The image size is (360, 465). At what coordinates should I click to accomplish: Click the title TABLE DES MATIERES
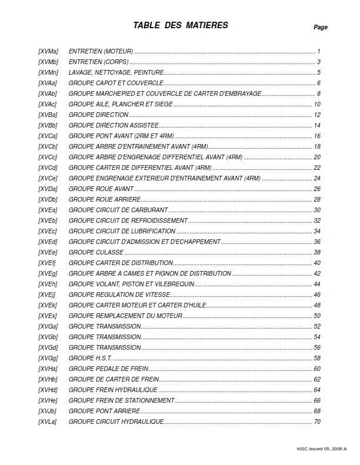point(180,25)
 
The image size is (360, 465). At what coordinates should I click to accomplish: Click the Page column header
point(321,27)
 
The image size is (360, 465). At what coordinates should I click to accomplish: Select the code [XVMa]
point(48,52)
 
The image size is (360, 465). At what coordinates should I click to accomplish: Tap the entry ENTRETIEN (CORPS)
point(99,62)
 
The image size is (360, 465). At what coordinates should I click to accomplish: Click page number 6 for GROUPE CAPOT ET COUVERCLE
point(318,83)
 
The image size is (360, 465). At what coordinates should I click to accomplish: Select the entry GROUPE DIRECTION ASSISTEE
point(114,126)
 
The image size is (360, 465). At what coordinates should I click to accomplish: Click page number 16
point(317,136)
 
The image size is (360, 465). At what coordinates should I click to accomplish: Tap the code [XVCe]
point(48,179)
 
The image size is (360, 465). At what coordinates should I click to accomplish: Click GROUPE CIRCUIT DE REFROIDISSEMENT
point(128,220)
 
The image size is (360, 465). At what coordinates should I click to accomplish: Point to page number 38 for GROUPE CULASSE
point(317,252)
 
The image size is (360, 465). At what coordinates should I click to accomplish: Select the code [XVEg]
point(48,273)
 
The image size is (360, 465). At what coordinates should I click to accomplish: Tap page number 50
point(317,316)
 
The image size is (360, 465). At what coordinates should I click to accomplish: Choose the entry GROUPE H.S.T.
point(90,358)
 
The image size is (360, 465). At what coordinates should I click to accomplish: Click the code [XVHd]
point(48,390)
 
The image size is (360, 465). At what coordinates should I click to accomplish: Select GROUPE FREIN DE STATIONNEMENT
point(121,400)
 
